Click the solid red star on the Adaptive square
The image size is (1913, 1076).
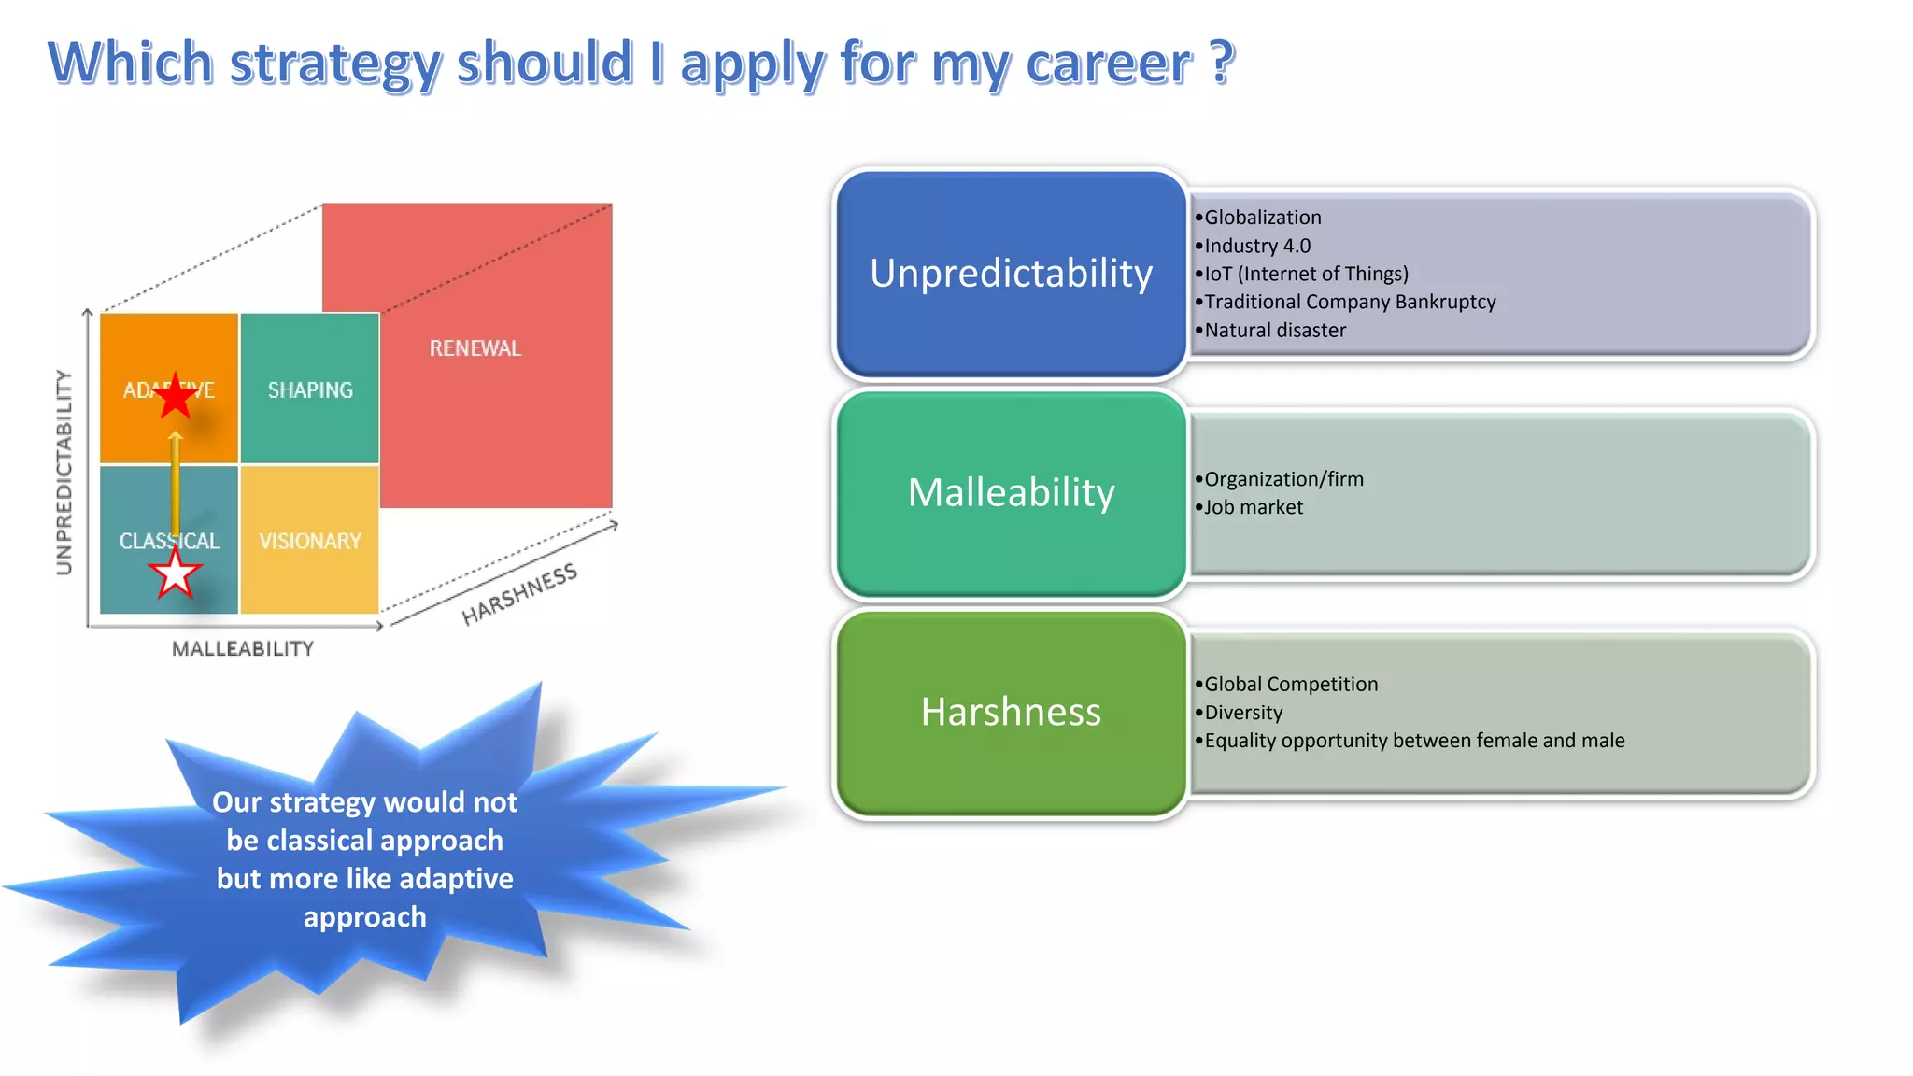[x=175, y=396]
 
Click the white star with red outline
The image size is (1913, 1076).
[x=175, y=573]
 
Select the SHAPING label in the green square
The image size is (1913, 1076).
[x=310, y=390]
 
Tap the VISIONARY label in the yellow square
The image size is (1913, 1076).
[x=310, y=541]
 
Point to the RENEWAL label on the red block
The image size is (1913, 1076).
[x=475, y=348]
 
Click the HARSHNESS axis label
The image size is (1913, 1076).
[x=519, y=595]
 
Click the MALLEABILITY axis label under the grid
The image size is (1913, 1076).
[x=243, y=648]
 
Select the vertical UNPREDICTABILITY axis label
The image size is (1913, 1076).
[x=64, y=472]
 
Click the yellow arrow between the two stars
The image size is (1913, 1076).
[x=175, y=486]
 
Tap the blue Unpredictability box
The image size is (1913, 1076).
[x=1010, y=274]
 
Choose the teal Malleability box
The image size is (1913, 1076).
[x=1010, y=493]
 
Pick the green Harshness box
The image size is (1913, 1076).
[x=1010, y=712]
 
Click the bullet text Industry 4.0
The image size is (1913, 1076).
[x=1256, y=246]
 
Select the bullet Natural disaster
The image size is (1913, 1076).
[x=1274, y=330]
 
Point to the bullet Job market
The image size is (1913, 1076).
[x=1253, y=507]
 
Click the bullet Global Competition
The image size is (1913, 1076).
[x=1290, y=684]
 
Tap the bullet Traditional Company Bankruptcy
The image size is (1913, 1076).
[x=1349, y=302]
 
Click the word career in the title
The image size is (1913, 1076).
[x=1109, y=64]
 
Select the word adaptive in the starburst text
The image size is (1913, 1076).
[x=456, y=879]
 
